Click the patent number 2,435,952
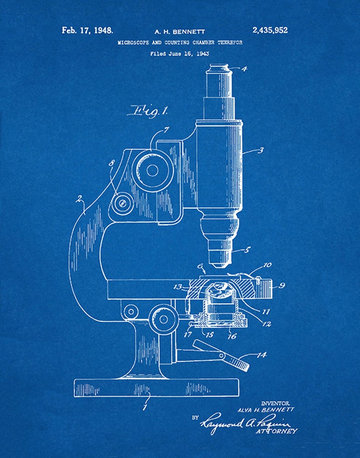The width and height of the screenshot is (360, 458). (269, 31)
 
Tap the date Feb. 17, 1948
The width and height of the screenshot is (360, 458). (88, 31)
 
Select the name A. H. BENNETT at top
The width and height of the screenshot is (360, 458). (180, 32)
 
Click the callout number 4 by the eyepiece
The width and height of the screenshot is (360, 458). (244, 69)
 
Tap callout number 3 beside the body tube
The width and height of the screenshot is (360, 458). (260, 149)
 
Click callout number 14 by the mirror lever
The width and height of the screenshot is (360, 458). (262, 355)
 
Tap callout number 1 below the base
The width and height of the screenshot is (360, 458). (145, 407)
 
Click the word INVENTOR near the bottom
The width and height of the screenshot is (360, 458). (275, 403)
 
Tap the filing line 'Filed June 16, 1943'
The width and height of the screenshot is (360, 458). (180, 53)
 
